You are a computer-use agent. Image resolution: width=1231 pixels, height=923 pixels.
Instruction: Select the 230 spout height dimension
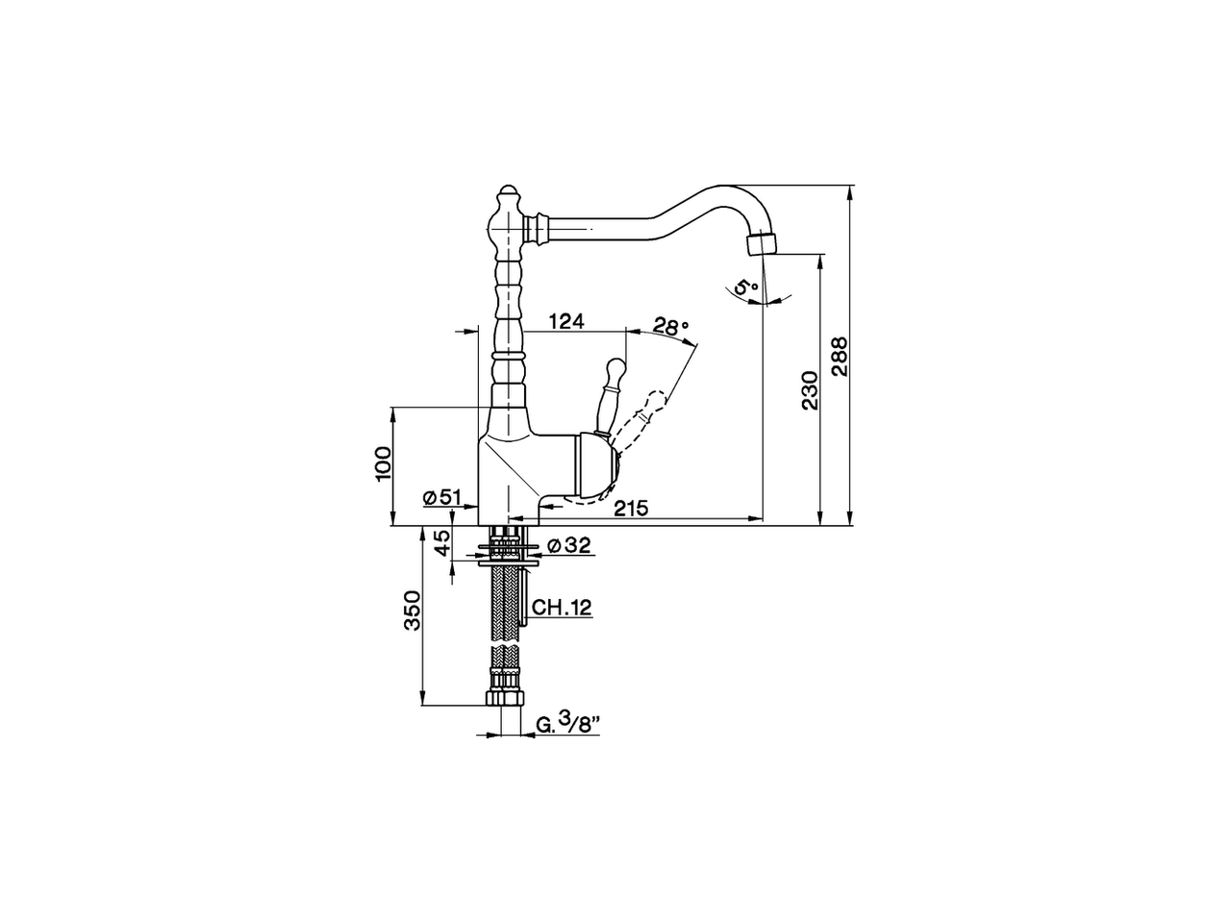point(809,389)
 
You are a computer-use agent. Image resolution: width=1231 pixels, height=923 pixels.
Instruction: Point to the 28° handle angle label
point(671,326)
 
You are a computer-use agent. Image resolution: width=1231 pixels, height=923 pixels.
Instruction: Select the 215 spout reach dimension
point(631,508)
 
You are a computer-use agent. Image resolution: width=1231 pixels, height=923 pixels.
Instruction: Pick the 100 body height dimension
point(382,463)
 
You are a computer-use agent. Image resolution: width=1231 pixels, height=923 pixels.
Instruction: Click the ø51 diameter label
point(442,497)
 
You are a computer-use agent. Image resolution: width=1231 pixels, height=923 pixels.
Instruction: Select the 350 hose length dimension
point(413,611)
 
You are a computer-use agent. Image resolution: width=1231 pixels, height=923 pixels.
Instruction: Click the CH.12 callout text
point(561,607)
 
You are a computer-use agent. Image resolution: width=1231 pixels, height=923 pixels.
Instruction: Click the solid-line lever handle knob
point(614,369)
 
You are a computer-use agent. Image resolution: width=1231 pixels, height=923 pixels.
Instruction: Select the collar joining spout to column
point(537,229)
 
